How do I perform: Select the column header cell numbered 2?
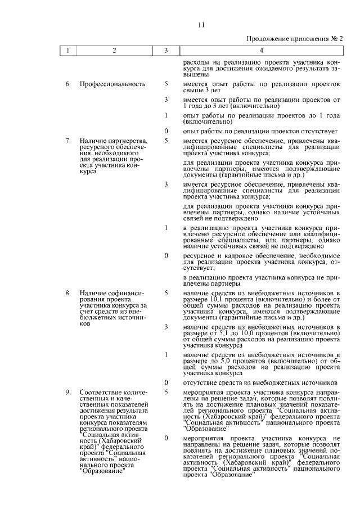pyautogui.click(x=114, y=51)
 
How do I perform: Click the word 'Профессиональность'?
pyautogui.click(x=112, y=84)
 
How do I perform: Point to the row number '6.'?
pyautogui.click(x=67, y=84)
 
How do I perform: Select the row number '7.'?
pyautogui.click(x=67, y=141)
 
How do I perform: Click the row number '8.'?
pyautogui.click(x=67, y=293)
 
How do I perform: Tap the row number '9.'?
pyautogui.click(x=67, y=392)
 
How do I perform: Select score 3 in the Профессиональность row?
pyautogui.click(x=166, y=100)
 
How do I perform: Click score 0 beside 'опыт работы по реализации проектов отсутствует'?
pyautogui.click(x=166, y=131)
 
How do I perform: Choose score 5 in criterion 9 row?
pyautogui.click(x=166, y=392)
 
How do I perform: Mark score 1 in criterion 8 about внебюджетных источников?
pyautogui.click(x=166, y=354)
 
